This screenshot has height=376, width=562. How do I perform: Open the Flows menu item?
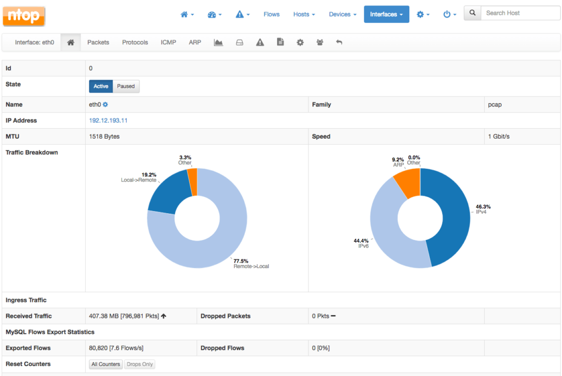click(x=271, y=14)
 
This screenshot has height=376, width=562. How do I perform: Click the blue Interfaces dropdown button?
click(x=386, y=14)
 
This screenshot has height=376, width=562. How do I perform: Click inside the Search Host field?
click(x=520, y=13)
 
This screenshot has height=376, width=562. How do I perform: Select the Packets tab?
click(x=98, y=42)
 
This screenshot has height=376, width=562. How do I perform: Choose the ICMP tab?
click(x=168, y=42)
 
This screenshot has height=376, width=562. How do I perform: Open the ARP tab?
click(x=195, y=42)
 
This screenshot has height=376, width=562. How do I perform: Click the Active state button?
click(x=101, y=86)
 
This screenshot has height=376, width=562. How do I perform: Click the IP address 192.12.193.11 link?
click(x=108, y=121)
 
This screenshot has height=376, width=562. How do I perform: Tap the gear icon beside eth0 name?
click(x=105, y=105)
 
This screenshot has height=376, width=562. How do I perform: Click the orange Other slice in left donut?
click(x=192, y=181)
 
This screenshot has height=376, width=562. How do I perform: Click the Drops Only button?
click(x=139, y=364)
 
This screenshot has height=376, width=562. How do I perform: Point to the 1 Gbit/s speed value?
click(x=498, y=136)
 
